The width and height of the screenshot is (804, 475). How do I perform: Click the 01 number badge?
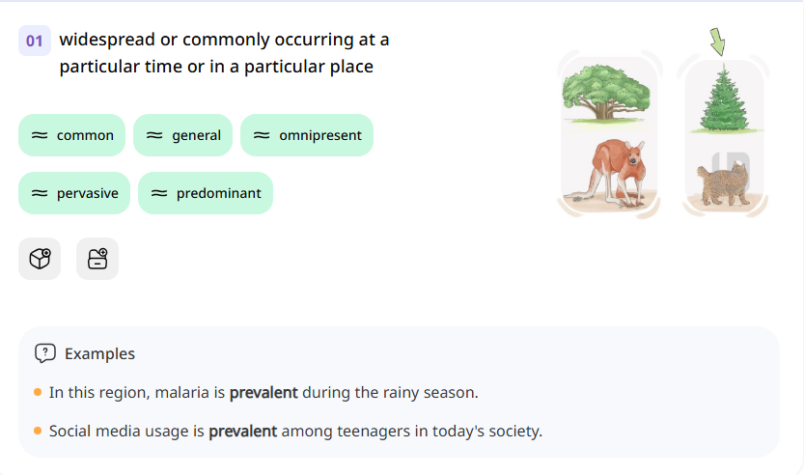click(35, 41)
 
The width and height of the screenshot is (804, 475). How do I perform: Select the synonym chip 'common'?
click(72, 135)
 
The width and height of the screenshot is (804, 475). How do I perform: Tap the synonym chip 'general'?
click(183, 135)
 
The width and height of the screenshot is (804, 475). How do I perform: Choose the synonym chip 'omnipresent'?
click(307, 135)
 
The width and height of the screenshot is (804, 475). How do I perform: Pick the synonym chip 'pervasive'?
click(74, 193)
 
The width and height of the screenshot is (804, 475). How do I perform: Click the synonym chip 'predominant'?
click(206, 193)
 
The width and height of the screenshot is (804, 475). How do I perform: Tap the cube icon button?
click(40, 259)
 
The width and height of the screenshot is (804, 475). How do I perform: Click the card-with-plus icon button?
click(97, 259)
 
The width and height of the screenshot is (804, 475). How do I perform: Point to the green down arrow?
click(717, 42)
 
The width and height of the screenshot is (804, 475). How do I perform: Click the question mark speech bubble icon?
click(44, 353)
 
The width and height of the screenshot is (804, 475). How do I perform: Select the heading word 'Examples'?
click(99, 353)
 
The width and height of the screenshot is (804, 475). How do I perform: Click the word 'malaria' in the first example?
click(197, 393)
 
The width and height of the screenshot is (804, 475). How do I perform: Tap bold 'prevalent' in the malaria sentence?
click(263, 393)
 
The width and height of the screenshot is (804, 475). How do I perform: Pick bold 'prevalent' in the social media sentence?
click(242, 431)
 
